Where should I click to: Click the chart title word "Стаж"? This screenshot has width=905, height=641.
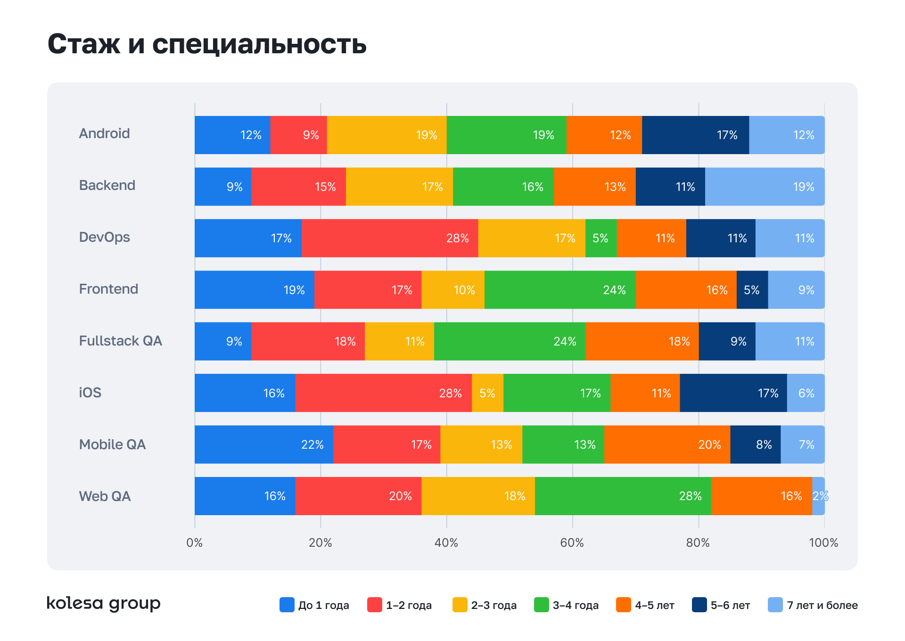tap(84, 44)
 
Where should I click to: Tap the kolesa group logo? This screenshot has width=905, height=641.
tap(103, 603)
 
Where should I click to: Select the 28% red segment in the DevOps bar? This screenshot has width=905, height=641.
tap(390, 238)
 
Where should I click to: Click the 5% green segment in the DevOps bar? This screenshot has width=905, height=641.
tap(601, 238)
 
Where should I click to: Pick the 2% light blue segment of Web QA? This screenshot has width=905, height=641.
tap(819, 496)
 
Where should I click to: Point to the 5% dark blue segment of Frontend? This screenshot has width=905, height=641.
tap(752, 290)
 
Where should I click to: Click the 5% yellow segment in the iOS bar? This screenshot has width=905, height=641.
tap(487, 393)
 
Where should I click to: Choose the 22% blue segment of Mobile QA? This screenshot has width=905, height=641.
tap(264, 444)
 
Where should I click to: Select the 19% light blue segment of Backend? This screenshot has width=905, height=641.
tap(765, 187)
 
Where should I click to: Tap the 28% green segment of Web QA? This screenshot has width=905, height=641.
tap(623, 496)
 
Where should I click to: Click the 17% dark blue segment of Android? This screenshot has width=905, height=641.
tap(695, 135)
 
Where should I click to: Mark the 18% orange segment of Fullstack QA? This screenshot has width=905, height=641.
tap(642, 341)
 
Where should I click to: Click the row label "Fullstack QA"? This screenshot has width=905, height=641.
tap(120, 341)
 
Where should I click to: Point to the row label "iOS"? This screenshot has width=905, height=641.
tap(90, 393)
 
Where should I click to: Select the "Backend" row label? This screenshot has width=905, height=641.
tap(107, 185)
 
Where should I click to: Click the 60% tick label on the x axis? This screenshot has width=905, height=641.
tap(572, 543)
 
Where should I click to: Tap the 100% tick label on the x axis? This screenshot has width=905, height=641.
tap(823, 543)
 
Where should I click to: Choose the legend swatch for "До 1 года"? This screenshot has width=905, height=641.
tap(287, 605)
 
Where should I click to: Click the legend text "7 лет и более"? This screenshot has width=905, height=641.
tap(822, 605)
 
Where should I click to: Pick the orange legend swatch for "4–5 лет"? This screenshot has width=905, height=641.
tap(624, 605)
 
